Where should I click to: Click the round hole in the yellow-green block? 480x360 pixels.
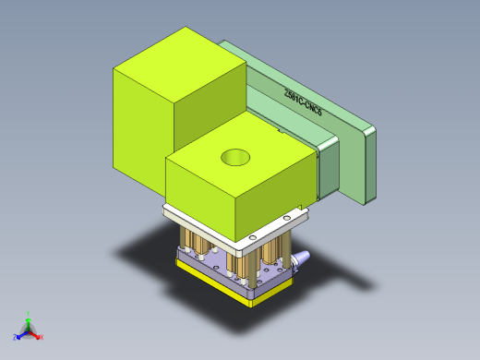click(235, 158)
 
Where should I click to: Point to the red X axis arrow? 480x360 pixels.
click(37, 335)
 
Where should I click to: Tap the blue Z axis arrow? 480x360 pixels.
click(19, 332)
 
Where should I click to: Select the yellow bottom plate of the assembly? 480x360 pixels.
click(222, 285)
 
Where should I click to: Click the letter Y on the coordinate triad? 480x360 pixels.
click(29, 312)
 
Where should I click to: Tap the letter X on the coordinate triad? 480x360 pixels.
click(42, 337)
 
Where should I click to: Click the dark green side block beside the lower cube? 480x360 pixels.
click(328, 171)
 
